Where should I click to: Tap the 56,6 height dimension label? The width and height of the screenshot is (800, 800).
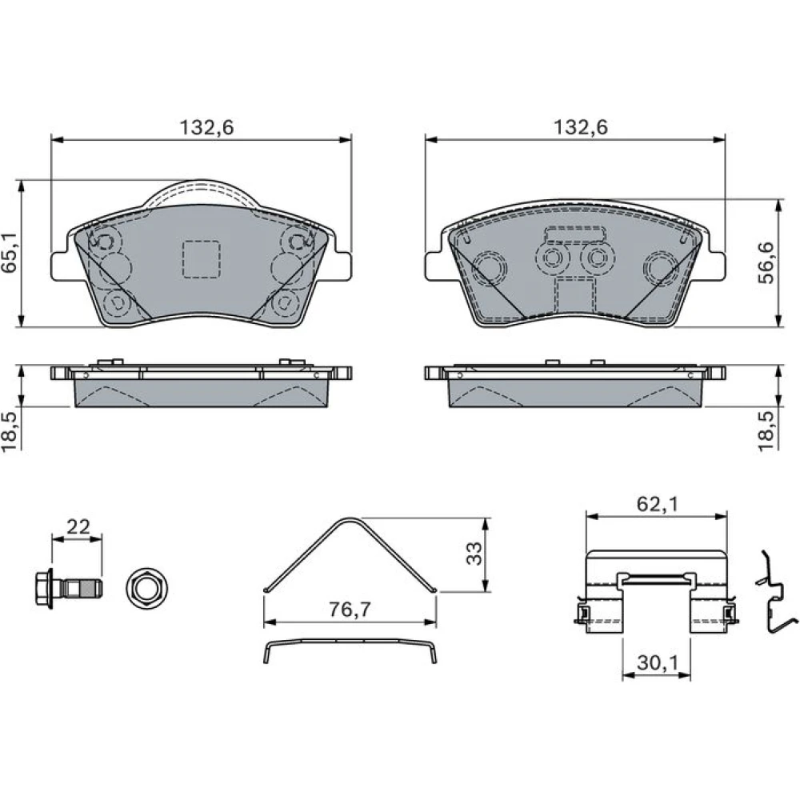point(766,262)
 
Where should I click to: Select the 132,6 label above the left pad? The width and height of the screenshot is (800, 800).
point(206,127)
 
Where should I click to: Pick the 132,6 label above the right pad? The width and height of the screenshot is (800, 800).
point(581,127)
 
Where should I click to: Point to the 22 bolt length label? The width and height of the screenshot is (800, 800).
point(78,526)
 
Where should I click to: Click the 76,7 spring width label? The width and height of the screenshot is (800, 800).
point(350,609)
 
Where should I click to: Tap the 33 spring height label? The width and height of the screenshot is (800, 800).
point(474,554)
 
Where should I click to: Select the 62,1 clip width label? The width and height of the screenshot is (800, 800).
point(658,504)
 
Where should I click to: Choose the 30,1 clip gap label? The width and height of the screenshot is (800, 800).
point(658,662)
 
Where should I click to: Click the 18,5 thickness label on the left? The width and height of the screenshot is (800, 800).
point(10,431)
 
